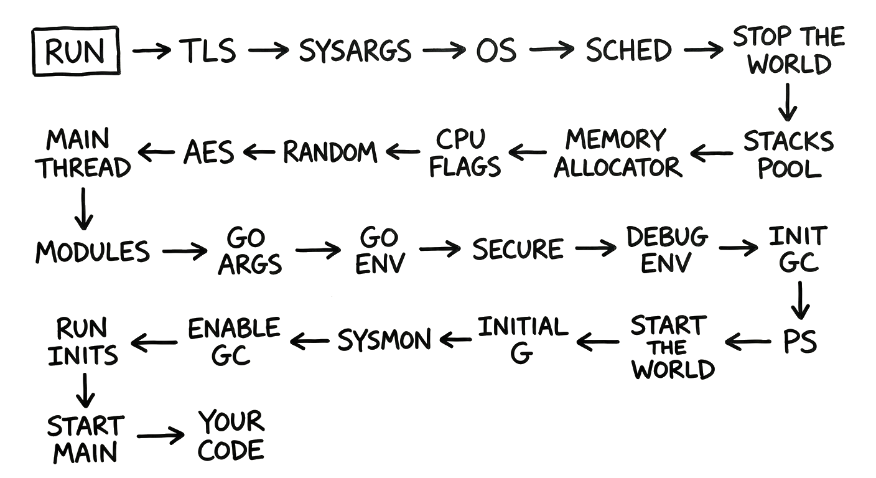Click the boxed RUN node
76,51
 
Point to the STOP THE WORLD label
789,50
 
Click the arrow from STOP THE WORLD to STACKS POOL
788,101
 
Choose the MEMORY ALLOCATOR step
617,153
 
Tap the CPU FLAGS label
465,153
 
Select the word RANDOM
330,152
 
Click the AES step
208,152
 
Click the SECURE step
518,250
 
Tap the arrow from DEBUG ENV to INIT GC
738,249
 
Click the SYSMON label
384,340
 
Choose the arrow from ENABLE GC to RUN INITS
154,341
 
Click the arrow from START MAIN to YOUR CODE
161,435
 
